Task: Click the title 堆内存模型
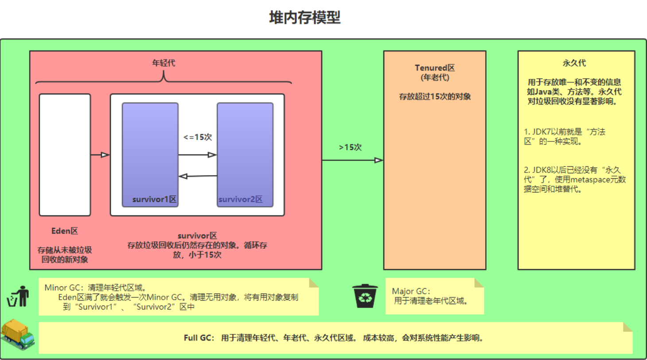[305, 18]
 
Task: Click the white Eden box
[65, 155]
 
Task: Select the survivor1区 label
[155, 200]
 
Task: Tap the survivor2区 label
[241, 200]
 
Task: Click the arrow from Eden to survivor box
[100, 155]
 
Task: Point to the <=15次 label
[198, 137]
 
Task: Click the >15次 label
[351, 148]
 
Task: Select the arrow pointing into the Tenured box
[352, 160]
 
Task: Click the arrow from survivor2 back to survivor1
[198, 176]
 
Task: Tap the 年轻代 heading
[164, 63]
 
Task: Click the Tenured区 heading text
[435, 68]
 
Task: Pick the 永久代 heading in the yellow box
[576, 63]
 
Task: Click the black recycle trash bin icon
[365, 296]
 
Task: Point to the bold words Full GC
[199, 338]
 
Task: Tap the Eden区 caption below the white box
[65, 231]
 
